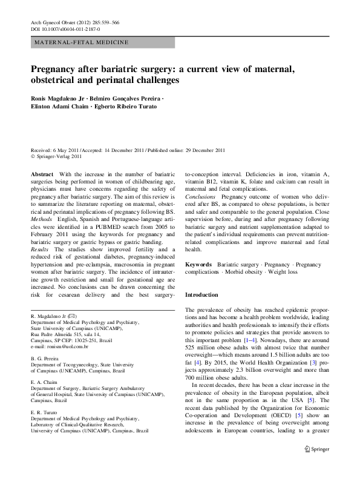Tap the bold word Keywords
click(x=198, y=265)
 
